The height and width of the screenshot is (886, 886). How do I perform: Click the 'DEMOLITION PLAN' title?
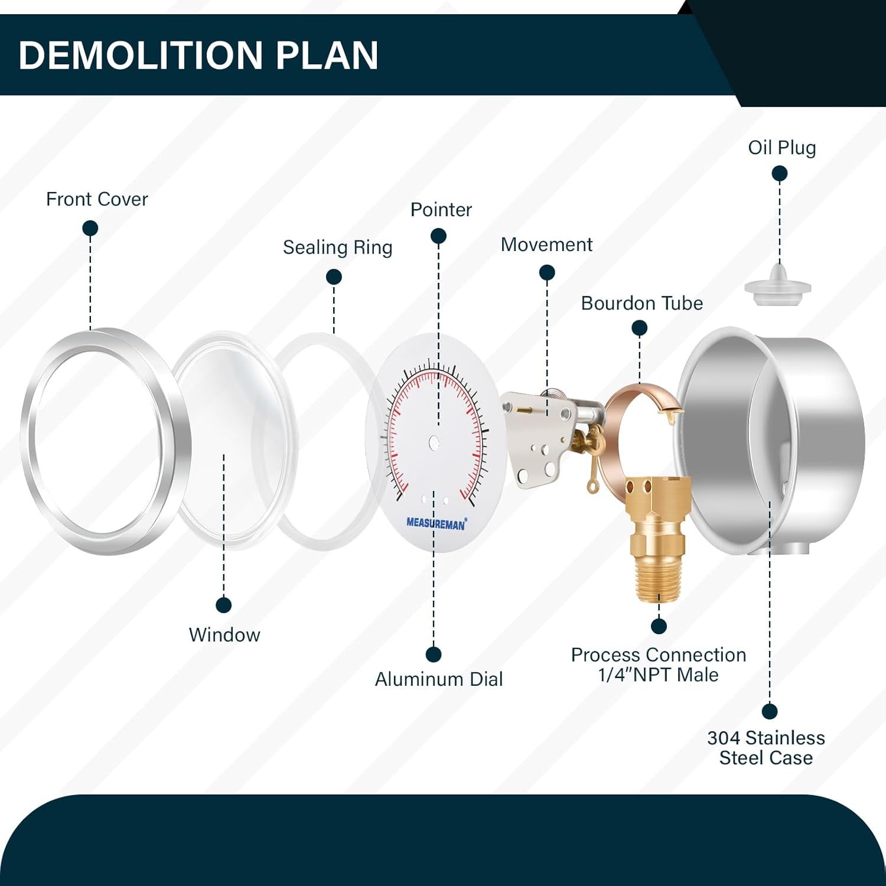(198, 56)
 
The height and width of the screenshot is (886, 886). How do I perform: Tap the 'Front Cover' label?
(97, 199)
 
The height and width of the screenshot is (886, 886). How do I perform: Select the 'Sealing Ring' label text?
(337, 247)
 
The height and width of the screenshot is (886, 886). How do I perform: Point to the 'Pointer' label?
(441, 210)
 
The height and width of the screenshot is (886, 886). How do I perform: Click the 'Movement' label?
(546, 245)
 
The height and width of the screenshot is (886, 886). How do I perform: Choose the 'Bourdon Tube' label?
(642, 303)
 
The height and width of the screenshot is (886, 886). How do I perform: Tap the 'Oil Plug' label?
(782, 148)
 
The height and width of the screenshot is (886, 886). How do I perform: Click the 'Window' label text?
(224, 635)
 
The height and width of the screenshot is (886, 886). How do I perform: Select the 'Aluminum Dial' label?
(439, 679)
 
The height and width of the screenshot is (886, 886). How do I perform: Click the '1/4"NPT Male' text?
(659, 675)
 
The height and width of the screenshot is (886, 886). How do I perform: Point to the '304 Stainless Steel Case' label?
(766, 748)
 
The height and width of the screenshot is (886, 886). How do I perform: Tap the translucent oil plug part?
(778, 285)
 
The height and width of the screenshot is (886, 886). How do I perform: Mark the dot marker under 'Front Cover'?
(90, 228)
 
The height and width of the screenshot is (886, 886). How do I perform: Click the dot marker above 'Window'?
(224, 605)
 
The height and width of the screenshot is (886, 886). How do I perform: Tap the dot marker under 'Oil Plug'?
(780, 174)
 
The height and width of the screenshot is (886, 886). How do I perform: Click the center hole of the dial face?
(434, 442)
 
